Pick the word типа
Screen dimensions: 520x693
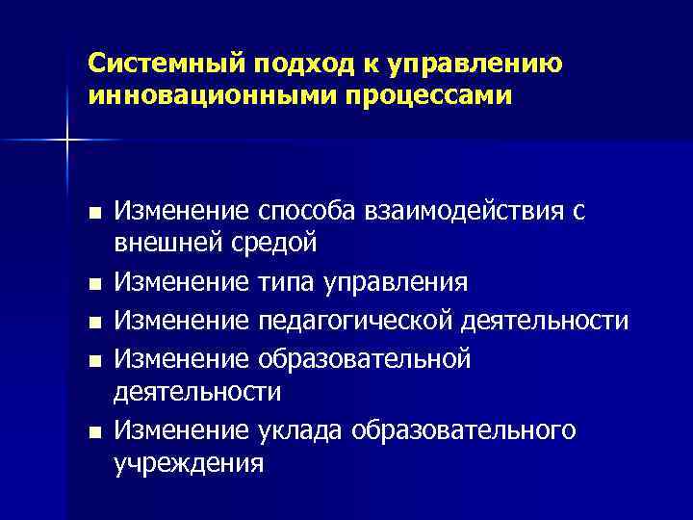click(x=290, y=283)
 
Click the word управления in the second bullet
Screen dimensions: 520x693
click(x=398, y=283)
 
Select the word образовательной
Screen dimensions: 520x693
click(x=365, y=359)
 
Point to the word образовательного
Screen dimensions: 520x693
click(x=466, y=430)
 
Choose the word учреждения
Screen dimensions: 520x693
click(x=189, y=462)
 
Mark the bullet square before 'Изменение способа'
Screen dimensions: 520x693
click(x=92, y=212)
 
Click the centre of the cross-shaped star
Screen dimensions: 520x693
click(x=67, y=141)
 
